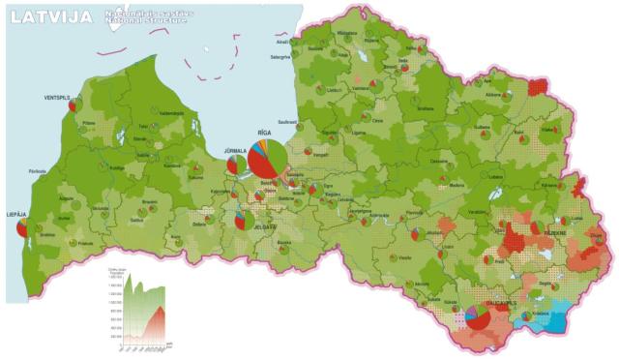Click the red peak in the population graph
pos(162,310)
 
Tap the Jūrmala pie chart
pos(235,165)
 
